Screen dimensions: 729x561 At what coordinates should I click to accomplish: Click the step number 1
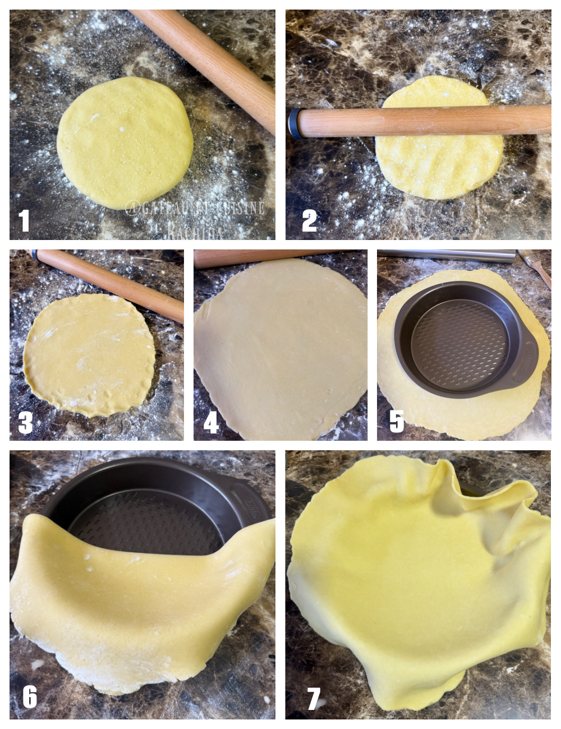coord(24,220)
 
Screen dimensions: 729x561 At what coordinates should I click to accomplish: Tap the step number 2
coord(309,220)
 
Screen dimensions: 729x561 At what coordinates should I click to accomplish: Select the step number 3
coord(25,423)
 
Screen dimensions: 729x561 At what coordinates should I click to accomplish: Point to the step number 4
coord(210,423)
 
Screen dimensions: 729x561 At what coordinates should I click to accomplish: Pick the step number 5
coord(397,421)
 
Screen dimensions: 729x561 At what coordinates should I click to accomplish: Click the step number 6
coord(29,697)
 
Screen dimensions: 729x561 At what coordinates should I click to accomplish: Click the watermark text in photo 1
coord(195,209)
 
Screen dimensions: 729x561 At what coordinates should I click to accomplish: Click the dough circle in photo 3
coord(89,355)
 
